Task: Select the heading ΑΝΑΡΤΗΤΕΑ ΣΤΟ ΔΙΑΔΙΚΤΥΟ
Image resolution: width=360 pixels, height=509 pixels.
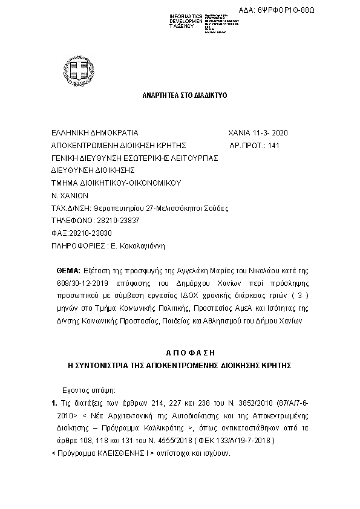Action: point(176,96)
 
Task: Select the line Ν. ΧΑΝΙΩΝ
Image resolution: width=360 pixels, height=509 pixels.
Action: point(70,195)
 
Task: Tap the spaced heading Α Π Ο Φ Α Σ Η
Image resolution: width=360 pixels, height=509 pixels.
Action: point(181,352)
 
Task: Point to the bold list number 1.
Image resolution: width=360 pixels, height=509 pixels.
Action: point(54,403)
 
